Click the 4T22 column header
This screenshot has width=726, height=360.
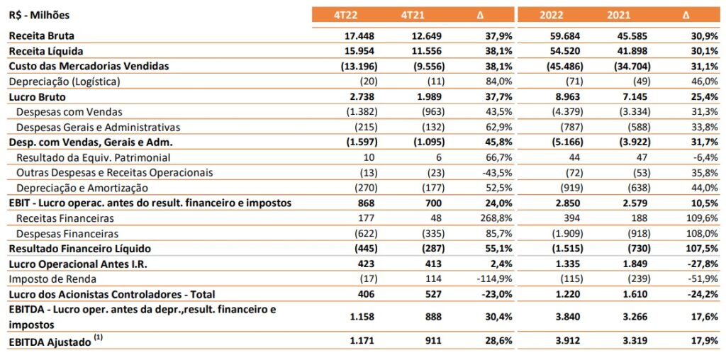pos(345,15)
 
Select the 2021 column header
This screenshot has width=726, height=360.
pos(619,15)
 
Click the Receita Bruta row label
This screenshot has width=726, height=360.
pos(42,35)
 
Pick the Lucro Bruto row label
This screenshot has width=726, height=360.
pos(38,96)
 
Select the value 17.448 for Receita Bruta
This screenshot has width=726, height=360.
pos(361,35)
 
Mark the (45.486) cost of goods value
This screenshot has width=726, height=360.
pos(564,66)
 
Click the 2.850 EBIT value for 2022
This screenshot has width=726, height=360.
pos(569,203)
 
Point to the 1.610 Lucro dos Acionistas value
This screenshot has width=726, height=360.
pos(637,294)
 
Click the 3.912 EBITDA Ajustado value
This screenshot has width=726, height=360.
pos(569,342)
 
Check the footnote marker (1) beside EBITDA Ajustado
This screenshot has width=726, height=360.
pos(98,339)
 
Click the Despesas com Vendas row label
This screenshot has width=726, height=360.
pos(69,112)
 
